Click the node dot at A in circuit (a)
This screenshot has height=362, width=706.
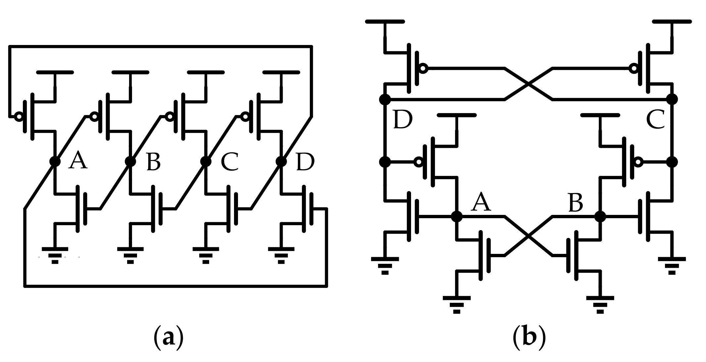55,161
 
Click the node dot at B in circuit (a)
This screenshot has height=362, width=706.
130,161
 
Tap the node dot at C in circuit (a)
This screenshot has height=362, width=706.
206,161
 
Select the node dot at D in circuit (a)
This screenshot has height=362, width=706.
281,161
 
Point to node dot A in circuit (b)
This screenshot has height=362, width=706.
457,217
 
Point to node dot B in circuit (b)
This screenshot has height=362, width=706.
600,217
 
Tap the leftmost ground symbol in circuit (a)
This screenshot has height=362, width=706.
55,255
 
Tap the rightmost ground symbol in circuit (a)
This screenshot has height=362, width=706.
281,255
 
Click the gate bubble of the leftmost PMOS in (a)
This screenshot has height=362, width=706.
19,116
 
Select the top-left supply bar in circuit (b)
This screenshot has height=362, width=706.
385,22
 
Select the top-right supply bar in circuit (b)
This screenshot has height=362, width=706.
672,22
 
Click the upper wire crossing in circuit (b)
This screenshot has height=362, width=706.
529,84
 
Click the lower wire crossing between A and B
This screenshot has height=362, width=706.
529,236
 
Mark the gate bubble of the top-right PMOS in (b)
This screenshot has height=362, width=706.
634,69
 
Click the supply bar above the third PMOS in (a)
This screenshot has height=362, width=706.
206,72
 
